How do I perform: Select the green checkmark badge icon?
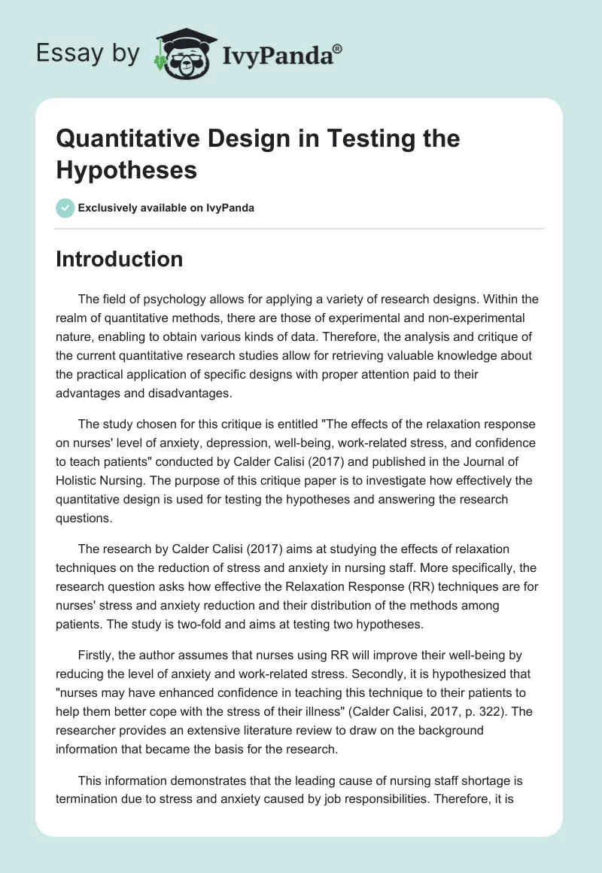[x=65, y=208]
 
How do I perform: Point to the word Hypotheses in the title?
[x=126, y=169]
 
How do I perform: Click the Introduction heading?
[x=120, y=259]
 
